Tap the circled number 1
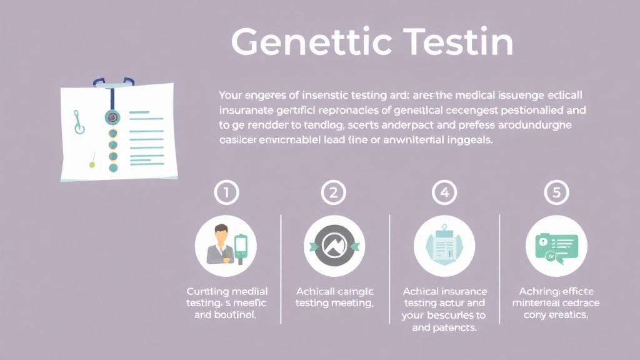pyautogui.click(x=226, y=194)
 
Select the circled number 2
pyautogui.click(x=334, y=194)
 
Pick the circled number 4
pyautogui.click(x=444, y=194)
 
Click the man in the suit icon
pyautogui.click(x=221, y=244)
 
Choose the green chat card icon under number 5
pyautogui.click(x=556, y=246)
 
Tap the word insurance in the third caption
pyautogui.click(x=463, y=292)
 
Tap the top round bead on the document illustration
pyautogui.click(x=112, y=117)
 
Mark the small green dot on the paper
pyautogui.click(x=92, y=165)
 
